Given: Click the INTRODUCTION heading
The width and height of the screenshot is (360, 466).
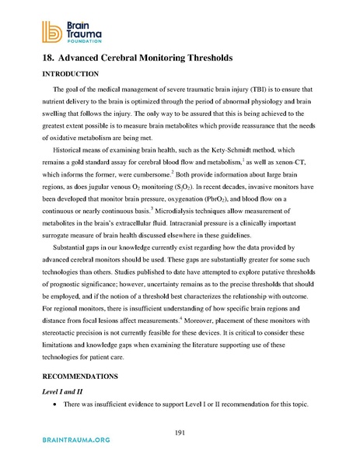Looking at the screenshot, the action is (65, 75).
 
